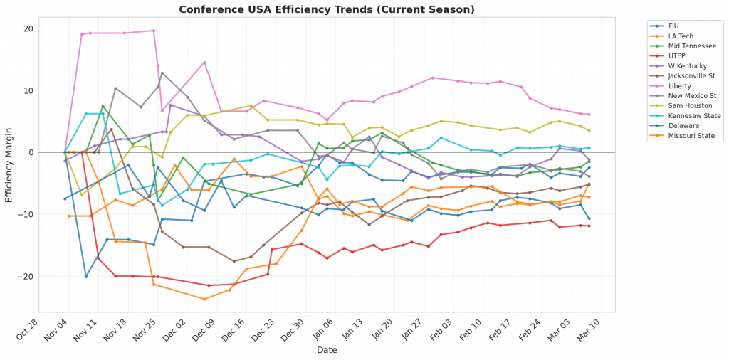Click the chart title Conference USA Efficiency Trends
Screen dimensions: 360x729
click(x=327, y=9)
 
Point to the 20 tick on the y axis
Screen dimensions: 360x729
click(x=28, y=28)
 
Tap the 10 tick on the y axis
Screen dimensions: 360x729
click(x=28, y=90)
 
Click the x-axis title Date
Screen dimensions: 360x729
click(x=327, y=350)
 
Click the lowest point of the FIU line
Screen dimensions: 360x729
click(x=86, y=276)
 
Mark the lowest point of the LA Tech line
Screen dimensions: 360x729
click(x=204, y=299)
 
